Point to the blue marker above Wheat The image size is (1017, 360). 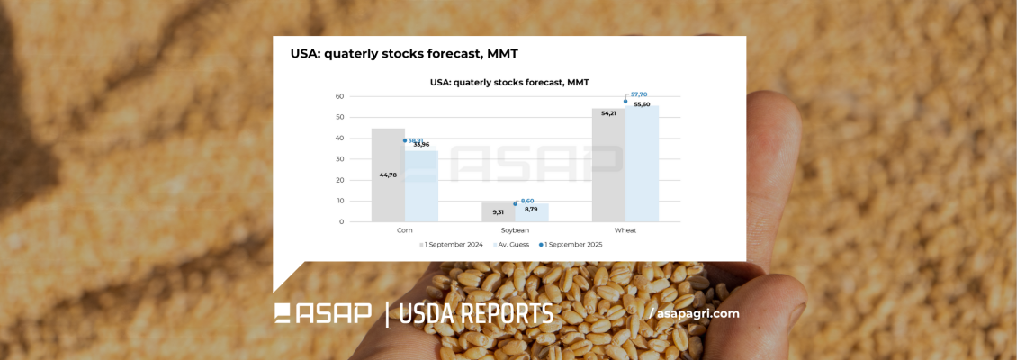pos(625,101)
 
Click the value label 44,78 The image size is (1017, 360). pos(388,175)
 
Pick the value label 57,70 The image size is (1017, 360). pos(639,94)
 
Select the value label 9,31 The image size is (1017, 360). pos(498,212)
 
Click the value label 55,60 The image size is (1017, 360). pos(642,104)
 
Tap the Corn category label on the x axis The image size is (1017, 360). pos(405,230)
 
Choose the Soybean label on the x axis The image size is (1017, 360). pos(515,230)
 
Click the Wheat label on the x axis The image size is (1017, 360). pos(625,230)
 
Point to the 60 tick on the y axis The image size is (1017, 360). pos(339,96)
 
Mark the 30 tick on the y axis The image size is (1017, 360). pos(339,159)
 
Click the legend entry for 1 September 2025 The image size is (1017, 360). pos(571,244)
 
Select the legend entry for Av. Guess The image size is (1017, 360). pos(512,244)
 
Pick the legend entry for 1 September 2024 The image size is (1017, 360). pos(454,244)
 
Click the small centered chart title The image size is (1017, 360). pos(509,82)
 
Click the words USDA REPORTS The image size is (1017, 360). pos(476,314)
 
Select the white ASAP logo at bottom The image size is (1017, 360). pos(323,313)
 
